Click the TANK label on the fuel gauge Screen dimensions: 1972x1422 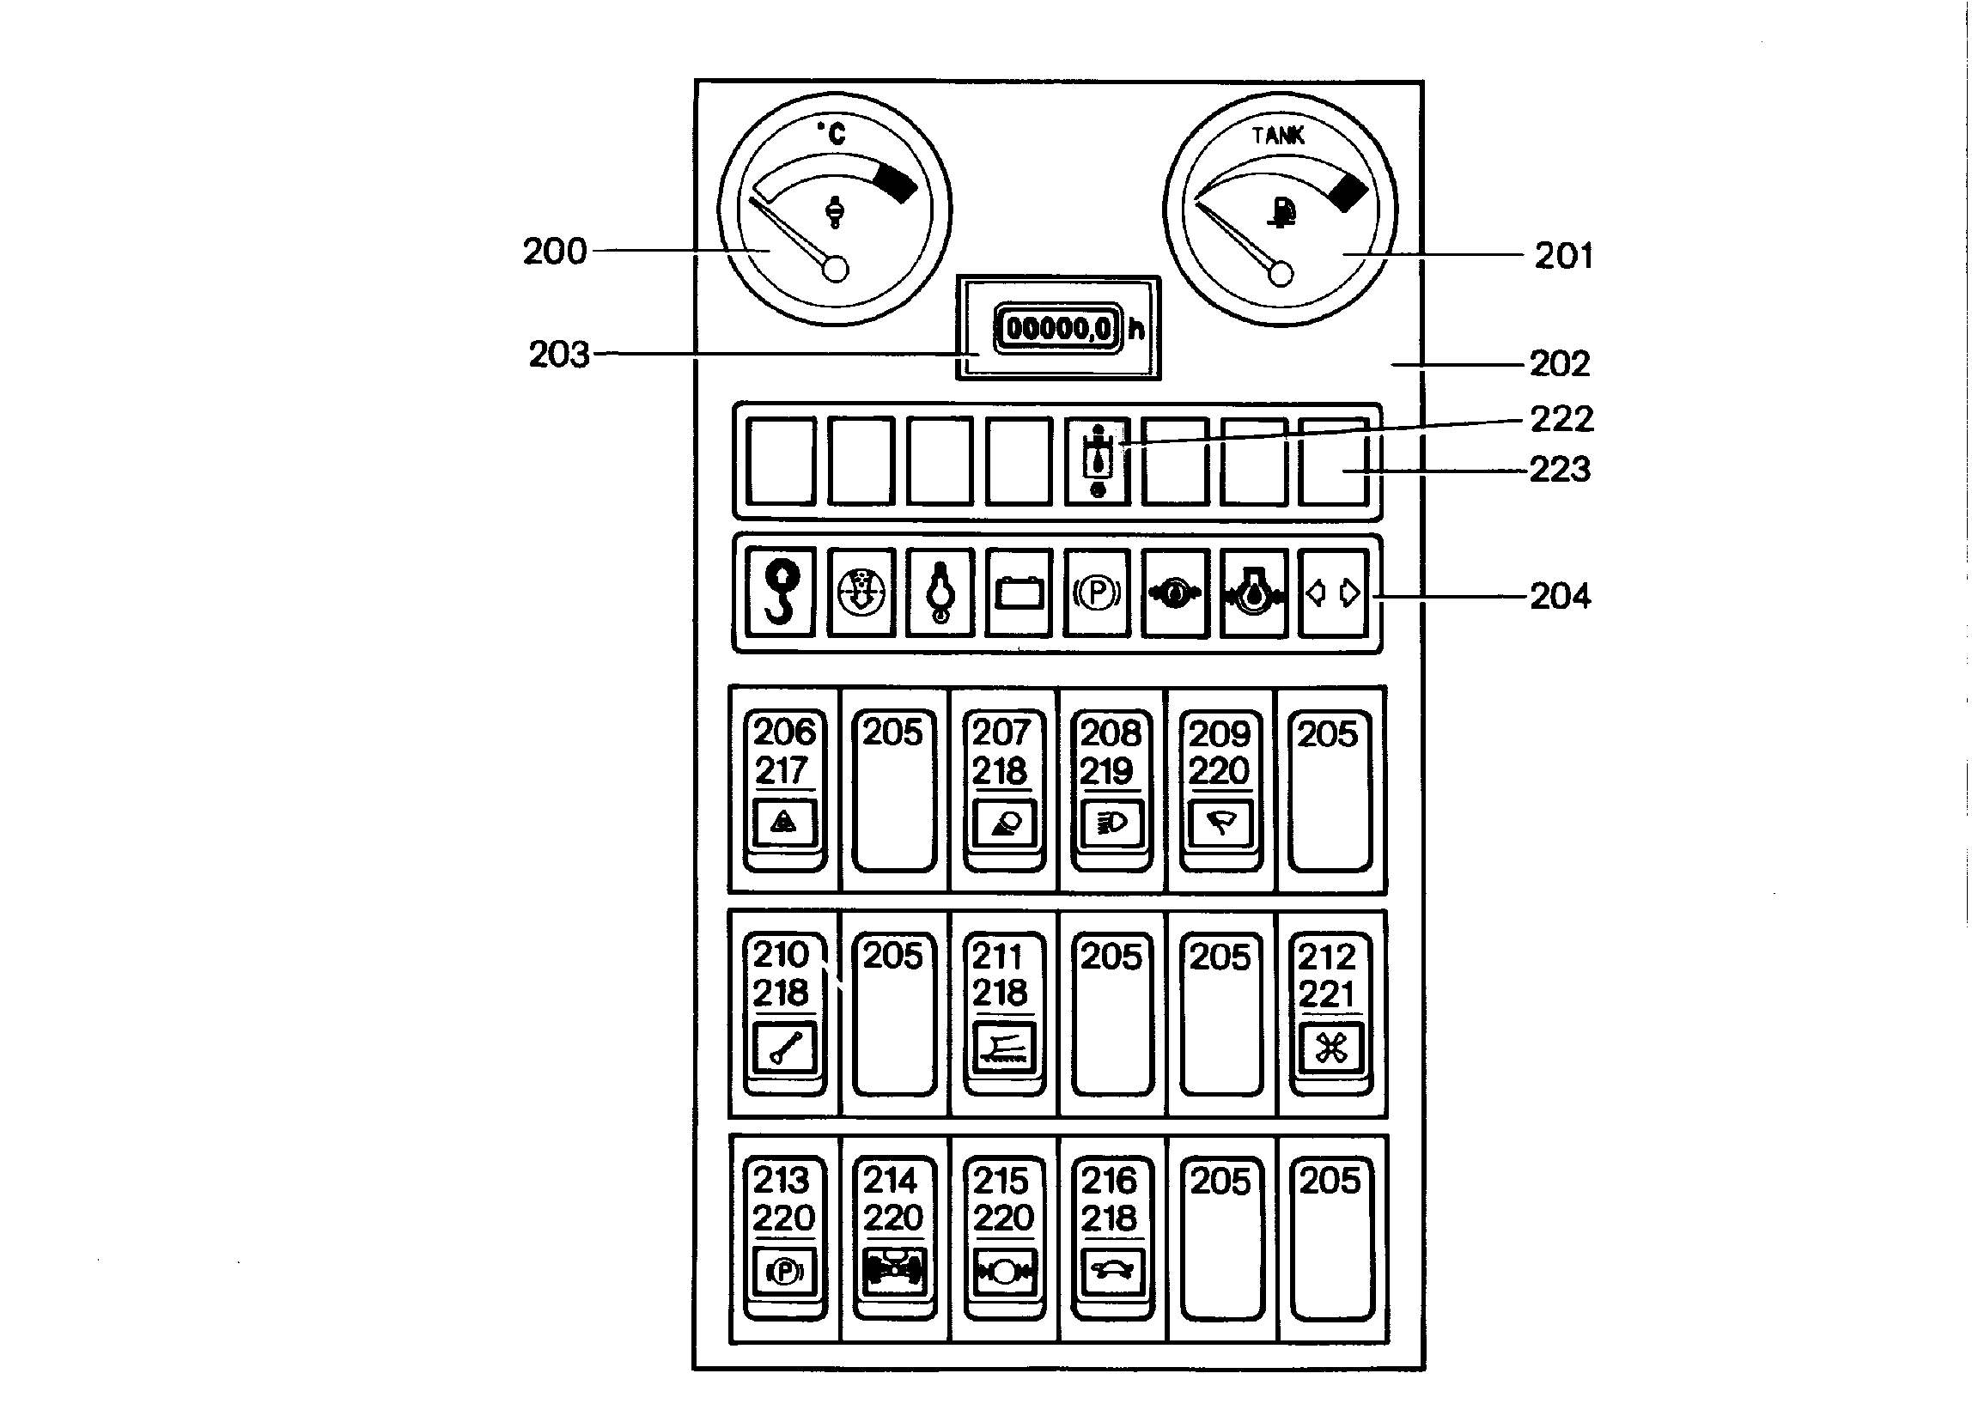[x=1278, y=136]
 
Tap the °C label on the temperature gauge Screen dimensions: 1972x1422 [x=831, y=133]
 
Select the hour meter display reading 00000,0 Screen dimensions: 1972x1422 [x=1058, y=329]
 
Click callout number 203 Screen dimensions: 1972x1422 [x=559, y=355]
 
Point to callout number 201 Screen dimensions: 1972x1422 [x=1563, y=256]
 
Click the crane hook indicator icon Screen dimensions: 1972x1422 [x=781, y=592]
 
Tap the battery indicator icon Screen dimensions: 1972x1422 [x=1019, y=592]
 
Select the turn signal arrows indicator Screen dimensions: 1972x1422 [x=1333, y=592]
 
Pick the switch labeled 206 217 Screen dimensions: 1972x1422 [x=784, y=790]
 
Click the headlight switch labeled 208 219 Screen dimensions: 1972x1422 [x=1111, y=790]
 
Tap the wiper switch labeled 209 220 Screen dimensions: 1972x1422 [x=1220, y=790]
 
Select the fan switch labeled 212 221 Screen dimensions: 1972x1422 [x=1330, y=1013]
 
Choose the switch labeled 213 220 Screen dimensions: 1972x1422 [x=784, y=1237]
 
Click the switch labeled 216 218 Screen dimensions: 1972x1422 [x=1111, y=1237]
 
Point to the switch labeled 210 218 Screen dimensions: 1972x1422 [x=784, y=1013]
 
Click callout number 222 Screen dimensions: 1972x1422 [x=1561, y=419]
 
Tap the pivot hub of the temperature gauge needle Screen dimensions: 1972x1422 [x=835, y=270]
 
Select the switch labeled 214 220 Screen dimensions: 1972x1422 [x=894, y=1237]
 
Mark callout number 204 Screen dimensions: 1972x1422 [x=1561, y=596]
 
